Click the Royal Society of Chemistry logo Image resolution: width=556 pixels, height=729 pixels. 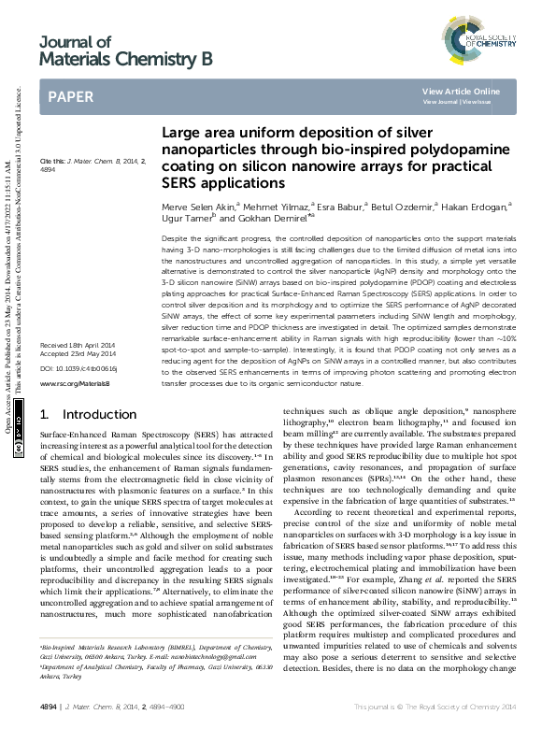tap(478, 41)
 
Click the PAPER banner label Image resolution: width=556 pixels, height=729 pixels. tap(71, 96)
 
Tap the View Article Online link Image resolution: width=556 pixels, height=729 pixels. tap(461, 91)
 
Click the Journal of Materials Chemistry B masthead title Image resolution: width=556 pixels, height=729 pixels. tap(126, 51)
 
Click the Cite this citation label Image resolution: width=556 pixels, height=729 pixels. tap(53, 161)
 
